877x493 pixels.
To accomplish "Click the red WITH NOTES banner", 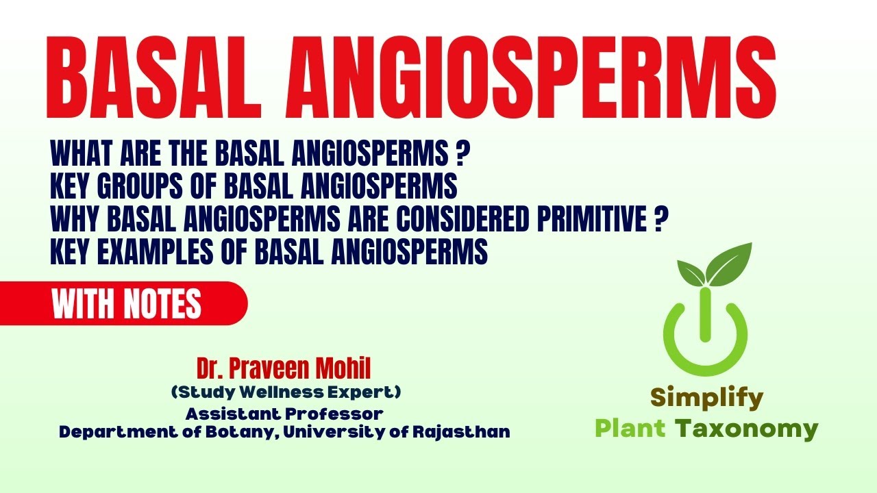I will [x=127, y=304].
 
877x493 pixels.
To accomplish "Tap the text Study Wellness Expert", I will [x=286, y=392].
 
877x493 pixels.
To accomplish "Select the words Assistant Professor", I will [x=284, y=414].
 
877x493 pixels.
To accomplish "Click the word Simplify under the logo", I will [x=706, y=397].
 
